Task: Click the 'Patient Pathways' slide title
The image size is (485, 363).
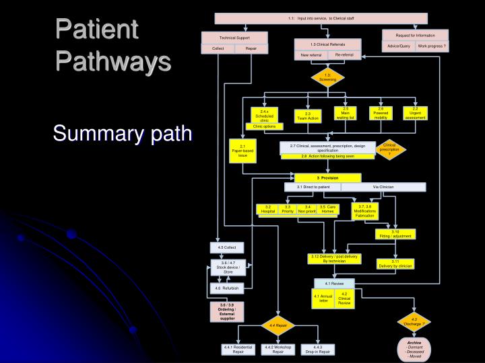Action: [112, 46]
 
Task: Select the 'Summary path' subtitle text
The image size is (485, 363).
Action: [123, 134]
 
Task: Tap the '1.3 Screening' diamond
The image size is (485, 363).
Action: [327, 77]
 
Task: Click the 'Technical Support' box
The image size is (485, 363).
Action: [234, 37]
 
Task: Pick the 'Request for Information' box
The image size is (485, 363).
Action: [414, 34]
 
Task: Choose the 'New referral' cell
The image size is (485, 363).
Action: [311, 54]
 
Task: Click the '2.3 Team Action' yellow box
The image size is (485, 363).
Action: [307, 116]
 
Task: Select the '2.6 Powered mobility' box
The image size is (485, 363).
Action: [381, 113]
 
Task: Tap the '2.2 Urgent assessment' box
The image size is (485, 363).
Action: [416, 113]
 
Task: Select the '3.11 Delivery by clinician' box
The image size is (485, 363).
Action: [395, 263]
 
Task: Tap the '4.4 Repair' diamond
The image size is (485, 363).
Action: [278, 325]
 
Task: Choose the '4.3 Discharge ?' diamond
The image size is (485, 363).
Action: [414, 321]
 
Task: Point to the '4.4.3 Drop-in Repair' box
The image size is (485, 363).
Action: [317, 349]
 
